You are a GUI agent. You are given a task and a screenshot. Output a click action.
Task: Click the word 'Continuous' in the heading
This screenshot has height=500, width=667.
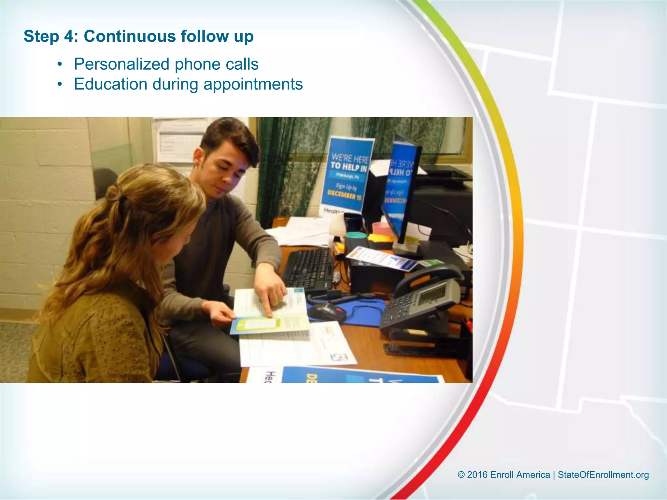(130, 36)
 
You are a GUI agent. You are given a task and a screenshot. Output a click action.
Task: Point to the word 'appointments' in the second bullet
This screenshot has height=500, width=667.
(253, 84)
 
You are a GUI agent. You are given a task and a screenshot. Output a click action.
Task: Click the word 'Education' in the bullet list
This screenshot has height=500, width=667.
(110, 84)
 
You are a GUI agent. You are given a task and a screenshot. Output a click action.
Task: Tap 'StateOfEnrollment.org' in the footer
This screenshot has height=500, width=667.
(603, 475)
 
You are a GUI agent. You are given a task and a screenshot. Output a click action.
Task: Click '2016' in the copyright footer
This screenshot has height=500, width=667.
(477, 475)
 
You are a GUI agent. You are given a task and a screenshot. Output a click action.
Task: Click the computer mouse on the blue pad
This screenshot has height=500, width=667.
(326, 312)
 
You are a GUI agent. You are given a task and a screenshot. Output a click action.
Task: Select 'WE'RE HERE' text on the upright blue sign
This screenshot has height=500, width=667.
(350, 159)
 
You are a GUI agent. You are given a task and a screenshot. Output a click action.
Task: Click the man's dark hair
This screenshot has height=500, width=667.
(228, 137)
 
